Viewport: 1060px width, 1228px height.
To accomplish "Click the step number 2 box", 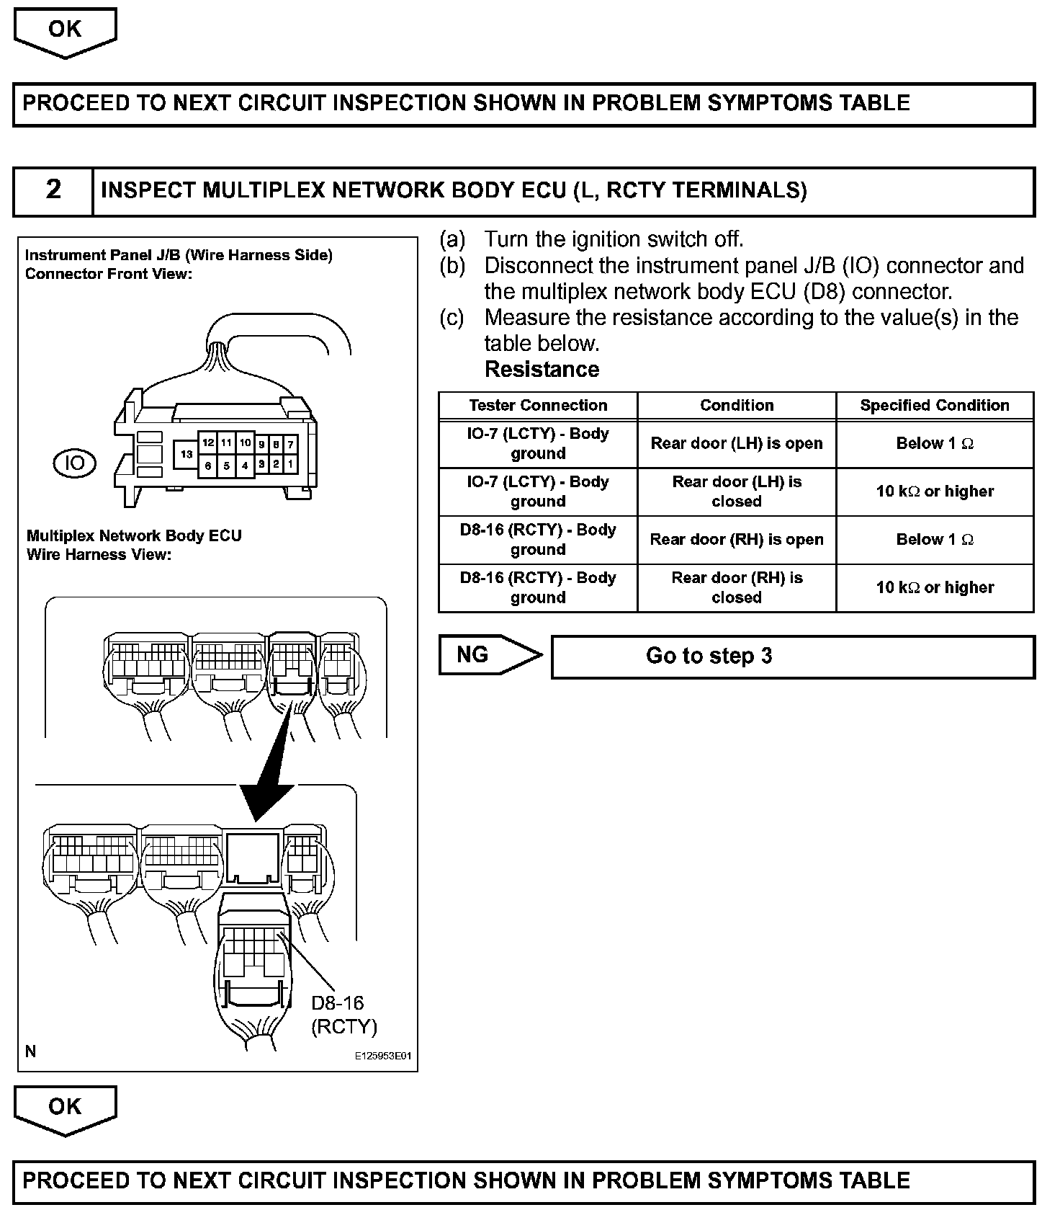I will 53,190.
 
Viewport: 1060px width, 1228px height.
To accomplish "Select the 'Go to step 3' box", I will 792,657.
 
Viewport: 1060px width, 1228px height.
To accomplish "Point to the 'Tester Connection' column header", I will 538,406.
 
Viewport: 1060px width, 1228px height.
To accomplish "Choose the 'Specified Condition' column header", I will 934,406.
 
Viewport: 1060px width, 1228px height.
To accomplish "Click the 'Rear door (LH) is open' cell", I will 736,444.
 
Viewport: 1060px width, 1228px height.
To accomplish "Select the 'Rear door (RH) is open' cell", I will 736,540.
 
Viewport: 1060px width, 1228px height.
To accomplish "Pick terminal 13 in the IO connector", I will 187,455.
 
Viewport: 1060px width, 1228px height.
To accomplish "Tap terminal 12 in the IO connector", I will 208,443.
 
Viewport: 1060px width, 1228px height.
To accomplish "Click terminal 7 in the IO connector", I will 290,445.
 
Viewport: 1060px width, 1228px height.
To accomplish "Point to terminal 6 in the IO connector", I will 208,466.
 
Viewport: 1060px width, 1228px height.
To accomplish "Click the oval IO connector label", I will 75,463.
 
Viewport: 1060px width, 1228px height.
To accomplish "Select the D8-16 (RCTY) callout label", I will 343,1015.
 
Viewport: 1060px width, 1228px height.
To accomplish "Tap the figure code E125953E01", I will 382,1056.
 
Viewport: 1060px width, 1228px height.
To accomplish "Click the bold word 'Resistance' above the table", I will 542,370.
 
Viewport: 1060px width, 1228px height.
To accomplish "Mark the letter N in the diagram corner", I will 30,1051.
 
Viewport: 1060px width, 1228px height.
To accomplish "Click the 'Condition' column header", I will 736,406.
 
